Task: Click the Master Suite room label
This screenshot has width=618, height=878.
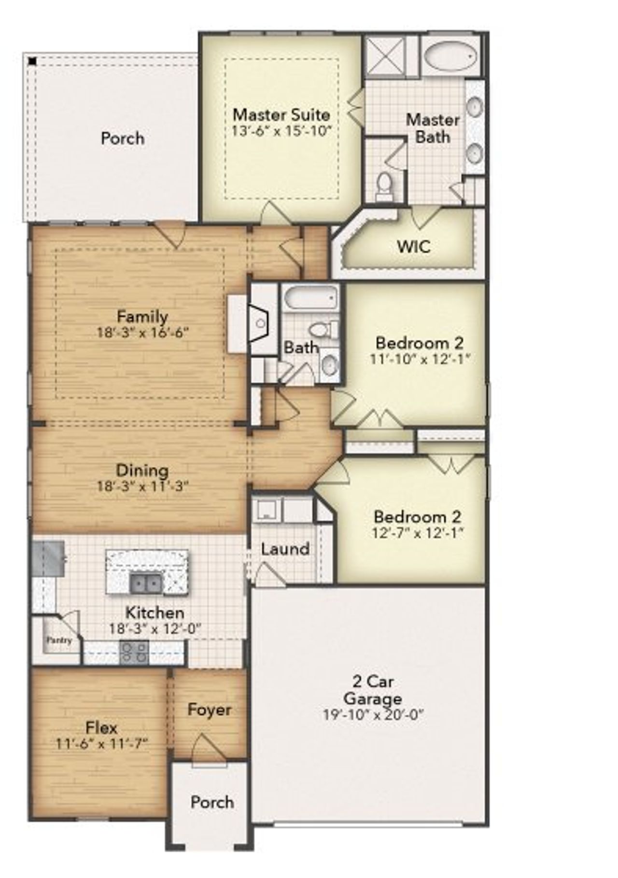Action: tap(281, 115)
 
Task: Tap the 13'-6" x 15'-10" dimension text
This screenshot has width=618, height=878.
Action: tap(281, 131)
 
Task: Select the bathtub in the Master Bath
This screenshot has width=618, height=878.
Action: tap(451, 56)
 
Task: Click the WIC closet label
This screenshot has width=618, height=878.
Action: tap(413, 247)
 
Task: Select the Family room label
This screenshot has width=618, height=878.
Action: tap(142, 317)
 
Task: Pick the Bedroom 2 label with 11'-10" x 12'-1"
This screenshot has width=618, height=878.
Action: tap(420, 343)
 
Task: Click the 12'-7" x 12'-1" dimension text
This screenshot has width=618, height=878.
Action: tap(418, 533)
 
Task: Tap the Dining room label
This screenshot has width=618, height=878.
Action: tap(142, 470)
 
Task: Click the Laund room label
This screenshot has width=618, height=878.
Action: tap(285, 549)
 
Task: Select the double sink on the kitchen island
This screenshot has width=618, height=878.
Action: tap(146, 585)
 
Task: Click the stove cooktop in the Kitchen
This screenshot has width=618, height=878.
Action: tap(134, 653)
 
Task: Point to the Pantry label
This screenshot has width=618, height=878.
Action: tap(59, 640)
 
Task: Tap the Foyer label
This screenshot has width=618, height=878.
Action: tap(209, 710)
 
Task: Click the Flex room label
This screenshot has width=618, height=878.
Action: tap(101, 727)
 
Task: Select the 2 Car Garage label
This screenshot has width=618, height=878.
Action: tap(373, 690)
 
